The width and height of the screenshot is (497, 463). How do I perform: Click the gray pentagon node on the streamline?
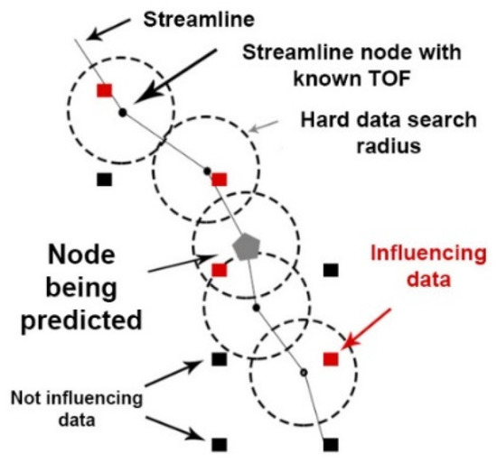point(245,245)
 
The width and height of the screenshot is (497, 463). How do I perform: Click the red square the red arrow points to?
point(331,358)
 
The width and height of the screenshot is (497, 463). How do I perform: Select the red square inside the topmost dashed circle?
point(105,90)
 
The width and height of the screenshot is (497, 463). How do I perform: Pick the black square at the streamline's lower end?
point(331,443)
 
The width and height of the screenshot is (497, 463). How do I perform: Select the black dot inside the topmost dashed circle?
point(123,113)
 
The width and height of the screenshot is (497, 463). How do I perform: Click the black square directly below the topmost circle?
point(105,180)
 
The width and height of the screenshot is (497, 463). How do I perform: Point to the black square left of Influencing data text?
point(331,269)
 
